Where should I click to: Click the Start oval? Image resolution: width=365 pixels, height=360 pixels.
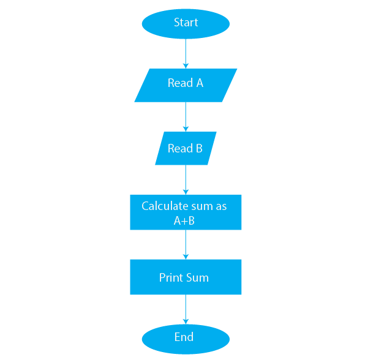point(186,24)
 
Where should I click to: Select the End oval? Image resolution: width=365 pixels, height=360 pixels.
point(186,339)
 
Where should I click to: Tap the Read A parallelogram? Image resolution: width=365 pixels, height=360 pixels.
point(186,85)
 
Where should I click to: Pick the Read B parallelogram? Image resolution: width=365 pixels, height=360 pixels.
point(186,148)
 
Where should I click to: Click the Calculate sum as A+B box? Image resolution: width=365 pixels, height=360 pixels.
point(186,212)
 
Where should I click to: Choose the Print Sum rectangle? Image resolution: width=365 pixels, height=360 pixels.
point(186,277)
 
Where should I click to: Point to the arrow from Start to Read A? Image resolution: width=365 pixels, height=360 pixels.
point(186,54)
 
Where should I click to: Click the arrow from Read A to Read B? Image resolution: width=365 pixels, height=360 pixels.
point(186,117)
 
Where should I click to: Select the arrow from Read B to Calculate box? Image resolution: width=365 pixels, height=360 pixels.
point(186,180)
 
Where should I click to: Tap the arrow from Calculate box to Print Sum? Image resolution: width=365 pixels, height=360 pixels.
point(186,244)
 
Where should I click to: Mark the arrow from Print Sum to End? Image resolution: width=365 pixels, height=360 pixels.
point(186,310)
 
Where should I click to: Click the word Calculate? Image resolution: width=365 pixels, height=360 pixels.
point(165,206)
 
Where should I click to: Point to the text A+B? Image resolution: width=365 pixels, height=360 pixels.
point(184,220)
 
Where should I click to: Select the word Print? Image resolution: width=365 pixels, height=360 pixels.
point(171,277)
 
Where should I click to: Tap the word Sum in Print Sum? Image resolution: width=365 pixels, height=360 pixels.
point(198,277)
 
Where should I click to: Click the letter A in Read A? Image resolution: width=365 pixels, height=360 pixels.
point(200,83)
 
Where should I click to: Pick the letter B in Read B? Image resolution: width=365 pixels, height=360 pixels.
point(199,148)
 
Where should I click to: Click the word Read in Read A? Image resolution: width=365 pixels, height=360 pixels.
point(181,83)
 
